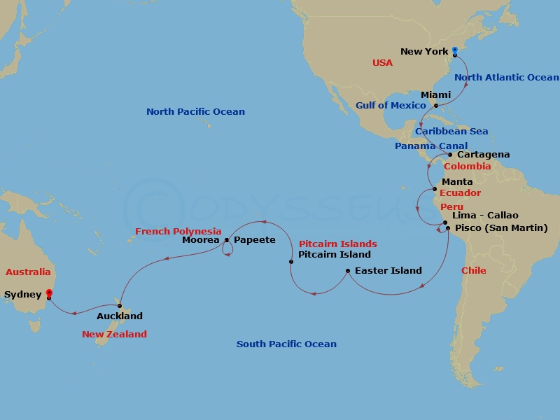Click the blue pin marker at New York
point(454,50)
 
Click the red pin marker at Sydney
point(48,294)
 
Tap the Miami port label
point(435,94)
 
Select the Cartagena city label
point(483,155)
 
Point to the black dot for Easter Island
point(348,270)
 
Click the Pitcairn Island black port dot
point(291,262)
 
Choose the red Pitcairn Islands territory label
point(337,244)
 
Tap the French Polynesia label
point(178,231)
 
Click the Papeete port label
point(254,240)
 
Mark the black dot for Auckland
point(120,306)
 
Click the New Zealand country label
point(114,335)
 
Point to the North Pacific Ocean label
point(195,112)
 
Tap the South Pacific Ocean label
point(286,344)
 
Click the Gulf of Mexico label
point(391,106)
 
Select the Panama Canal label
point(431,146)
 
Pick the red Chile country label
point(473,271)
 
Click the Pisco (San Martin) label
point(501,228)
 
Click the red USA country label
point(382,63)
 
